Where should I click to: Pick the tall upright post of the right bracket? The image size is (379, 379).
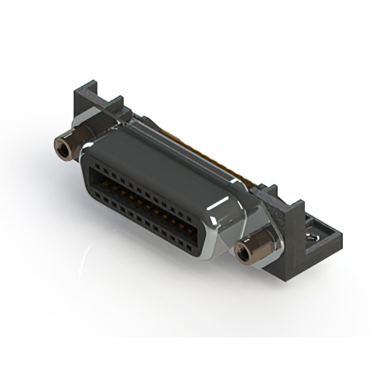294,219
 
